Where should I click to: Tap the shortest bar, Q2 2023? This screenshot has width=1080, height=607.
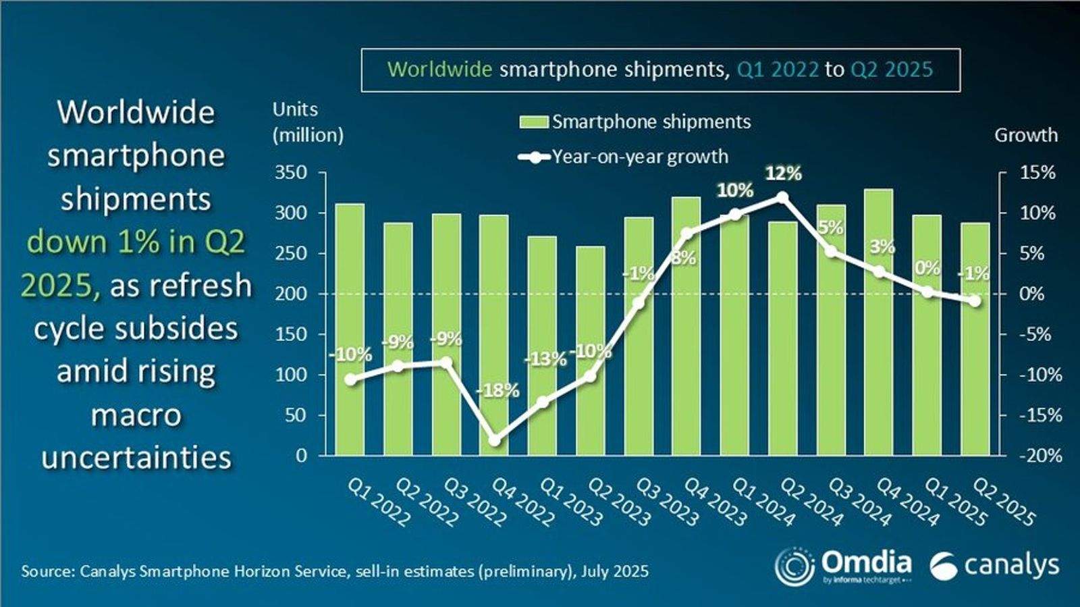590,350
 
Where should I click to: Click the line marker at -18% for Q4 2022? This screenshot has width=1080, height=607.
495,440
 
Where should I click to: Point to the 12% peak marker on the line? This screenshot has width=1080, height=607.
782,197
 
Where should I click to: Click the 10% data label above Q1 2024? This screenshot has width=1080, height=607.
735,190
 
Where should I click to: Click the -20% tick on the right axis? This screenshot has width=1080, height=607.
1040,456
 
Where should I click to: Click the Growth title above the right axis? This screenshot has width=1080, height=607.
1025,135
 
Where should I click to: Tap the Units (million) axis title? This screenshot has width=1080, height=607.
308,122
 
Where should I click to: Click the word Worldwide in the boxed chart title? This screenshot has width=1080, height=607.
439,69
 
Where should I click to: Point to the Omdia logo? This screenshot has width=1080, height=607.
844,566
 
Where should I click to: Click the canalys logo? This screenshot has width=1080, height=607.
994,566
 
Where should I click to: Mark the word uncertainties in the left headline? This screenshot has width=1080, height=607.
136,457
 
